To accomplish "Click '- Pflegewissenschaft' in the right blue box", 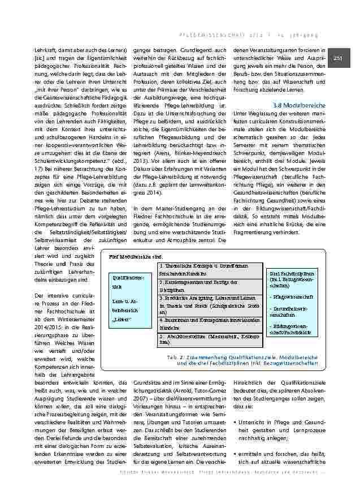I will pyautogui.click(x=289, y=296).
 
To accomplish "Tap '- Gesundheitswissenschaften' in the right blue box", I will pyautogui.click(x=289, y=311).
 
